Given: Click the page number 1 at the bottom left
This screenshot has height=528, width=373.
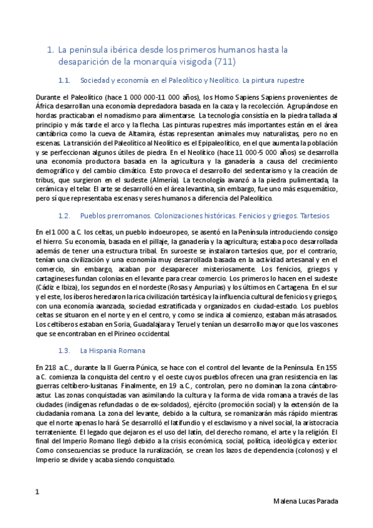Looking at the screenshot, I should [38, 492].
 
